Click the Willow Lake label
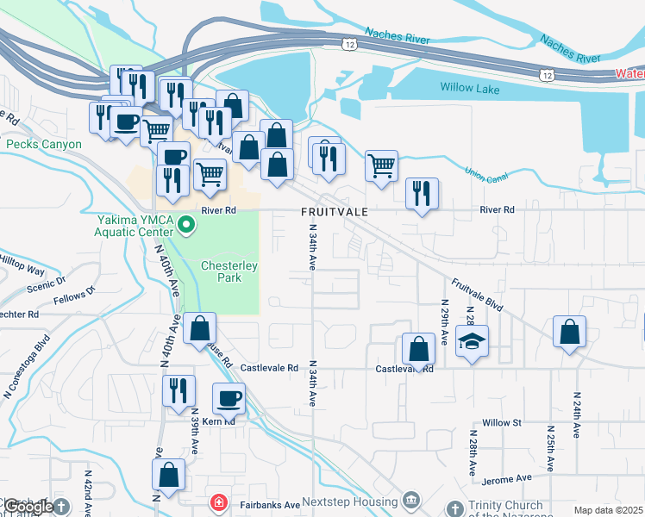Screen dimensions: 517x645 coord(470,87)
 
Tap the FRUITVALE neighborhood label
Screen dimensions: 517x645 coord(335,211)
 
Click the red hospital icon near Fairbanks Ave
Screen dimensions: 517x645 coord(219,502)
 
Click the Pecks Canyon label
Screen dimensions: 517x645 coord(44,145)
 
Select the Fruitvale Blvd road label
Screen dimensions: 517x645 coord(477,294)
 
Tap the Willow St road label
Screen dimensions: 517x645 coord(503,422)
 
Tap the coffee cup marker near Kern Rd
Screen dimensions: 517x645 coord(229,398)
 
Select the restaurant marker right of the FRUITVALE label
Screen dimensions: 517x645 coord(422,193)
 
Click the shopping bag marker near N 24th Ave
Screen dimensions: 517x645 coord(569,333)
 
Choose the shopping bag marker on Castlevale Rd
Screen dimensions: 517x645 coord(418,350)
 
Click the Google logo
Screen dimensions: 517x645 coord(28,507)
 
